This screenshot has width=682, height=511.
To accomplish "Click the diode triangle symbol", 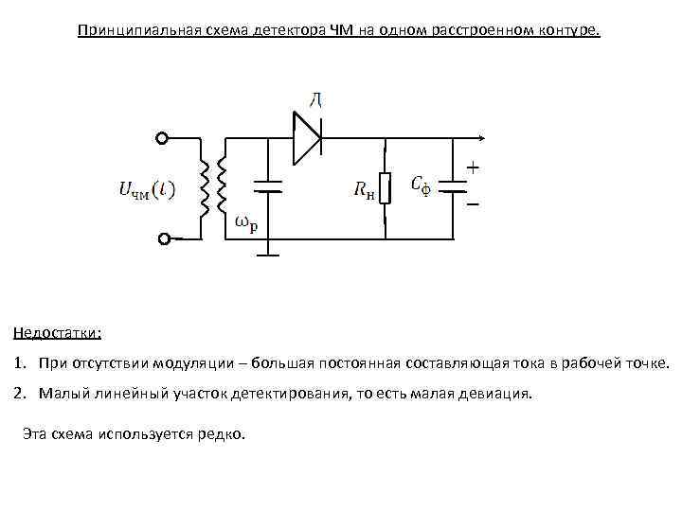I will click(306, 138).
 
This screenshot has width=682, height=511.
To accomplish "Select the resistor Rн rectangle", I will click(386, 187).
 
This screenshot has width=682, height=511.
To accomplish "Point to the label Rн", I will click(365, 191).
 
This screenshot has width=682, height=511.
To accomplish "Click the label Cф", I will click(421, 185).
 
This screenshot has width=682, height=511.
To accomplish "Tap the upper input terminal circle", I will click(162, 138).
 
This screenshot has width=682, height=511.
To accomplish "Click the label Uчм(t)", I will click(146, 189).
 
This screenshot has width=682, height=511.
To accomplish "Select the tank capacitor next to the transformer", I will click(270, 186).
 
